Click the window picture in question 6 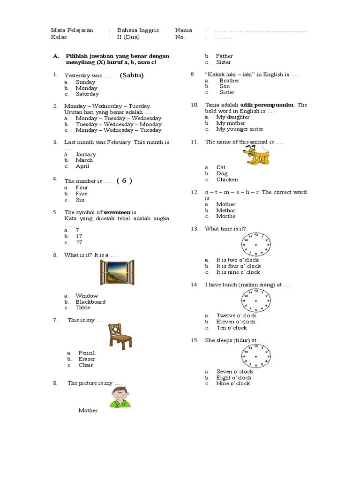point(117,272)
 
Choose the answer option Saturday point(87,94)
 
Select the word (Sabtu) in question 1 point(131,75)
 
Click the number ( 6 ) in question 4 point(124,181)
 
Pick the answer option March point(84,160)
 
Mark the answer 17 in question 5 point(79,237)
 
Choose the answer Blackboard point(90,302)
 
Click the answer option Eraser point(87,359)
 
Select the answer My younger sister point(240,129)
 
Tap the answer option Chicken point(227,180)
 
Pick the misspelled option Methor point(226,210)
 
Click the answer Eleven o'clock point(236,322)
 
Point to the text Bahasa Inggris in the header point(138,30)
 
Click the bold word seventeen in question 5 point(117,212)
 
